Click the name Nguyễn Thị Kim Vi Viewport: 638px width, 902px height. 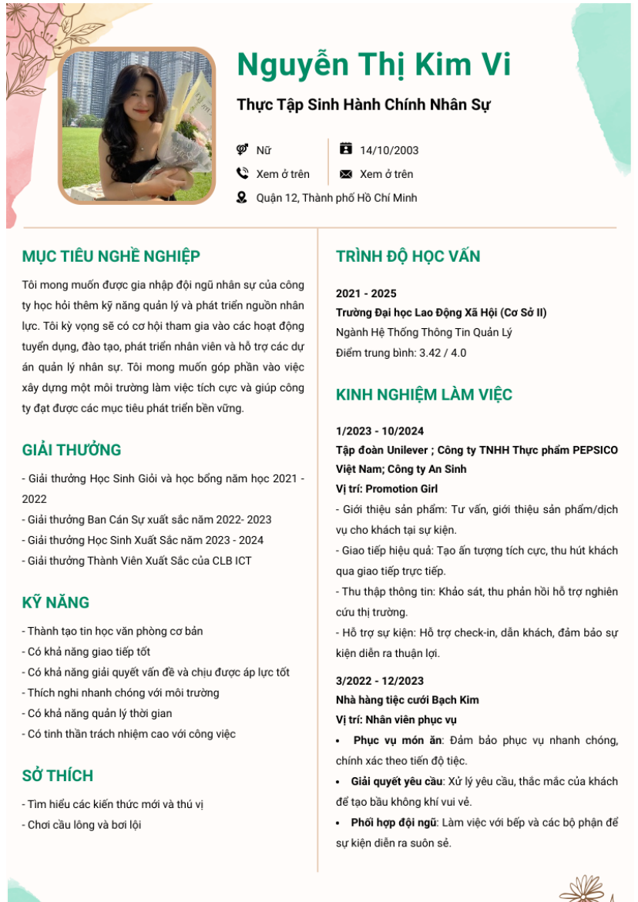click(374, 65)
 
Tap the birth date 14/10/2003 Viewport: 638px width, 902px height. click(389, 150)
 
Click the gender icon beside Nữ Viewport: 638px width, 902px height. click(242, 150)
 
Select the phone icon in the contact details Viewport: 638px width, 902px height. click(242, 174)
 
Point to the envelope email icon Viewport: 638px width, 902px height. click(346, 174)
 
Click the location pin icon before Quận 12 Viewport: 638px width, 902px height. click(242, 198)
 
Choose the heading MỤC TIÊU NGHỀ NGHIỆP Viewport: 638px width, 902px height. click(111, 257)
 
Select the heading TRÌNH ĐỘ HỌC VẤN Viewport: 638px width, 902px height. click(418, 257)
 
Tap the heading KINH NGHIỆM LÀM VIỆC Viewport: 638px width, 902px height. click(424, 395)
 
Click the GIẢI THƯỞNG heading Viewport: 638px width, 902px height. click(72, 450)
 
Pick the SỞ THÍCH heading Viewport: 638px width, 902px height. click(58, 776)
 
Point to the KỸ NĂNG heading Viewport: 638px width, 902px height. click(55, 602)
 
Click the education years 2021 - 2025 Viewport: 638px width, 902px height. click(366, 293)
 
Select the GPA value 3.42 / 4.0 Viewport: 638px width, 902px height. click(442, 353)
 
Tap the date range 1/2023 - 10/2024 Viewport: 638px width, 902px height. click(380, 431)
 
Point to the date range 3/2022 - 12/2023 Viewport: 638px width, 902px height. click(380, 681)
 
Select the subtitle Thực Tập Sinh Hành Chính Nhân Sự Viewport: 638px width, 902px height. click(363, 105)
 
